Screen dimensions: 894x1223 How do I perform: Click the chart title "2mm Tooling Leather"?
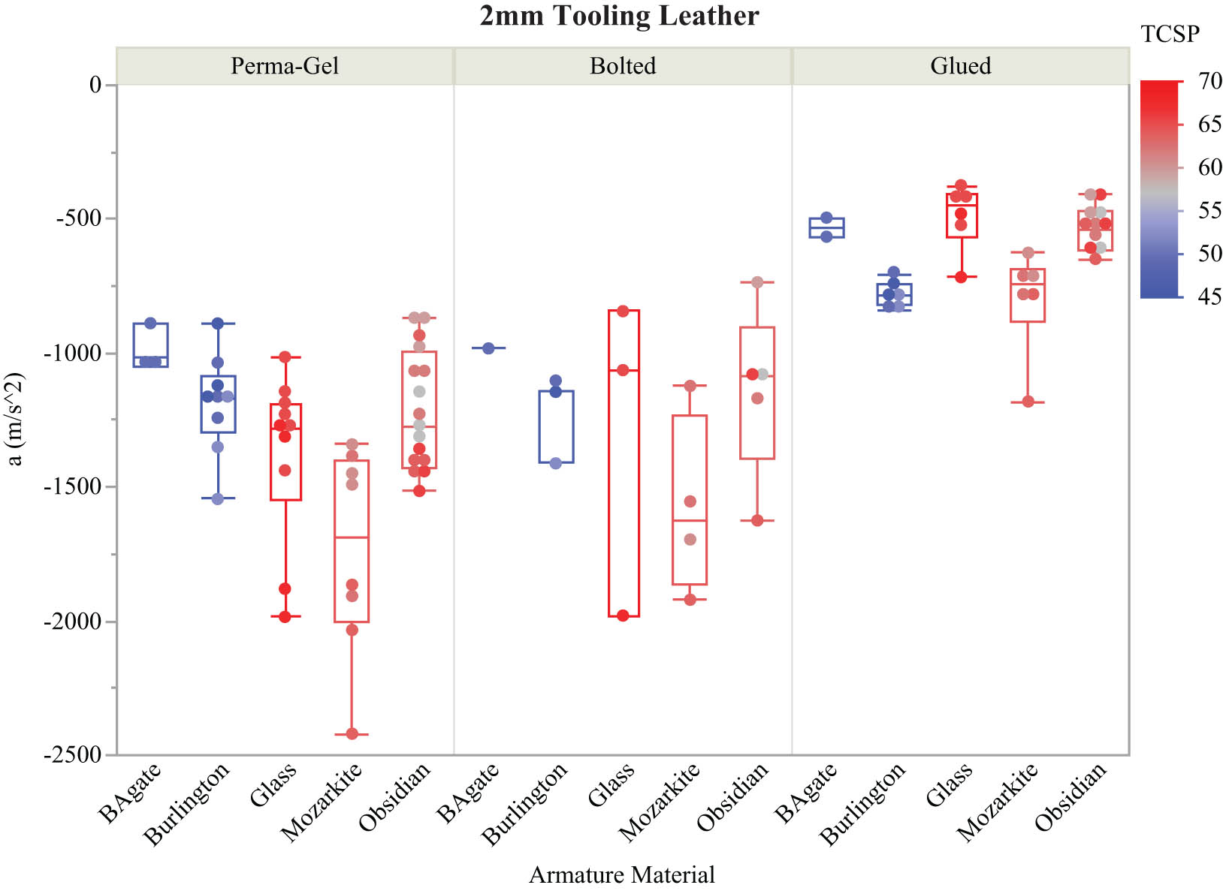tap(619, 16)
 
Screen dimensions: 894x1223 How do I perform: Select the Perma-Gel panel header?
tap(285, 66)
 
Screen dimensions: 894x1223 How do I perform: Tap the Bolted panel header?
tap(623, 66)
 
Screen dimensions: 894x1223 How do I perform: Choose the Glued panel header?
tap(960, 66)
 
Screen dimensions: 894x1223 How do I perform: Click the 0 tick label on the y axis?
tap(95, 85)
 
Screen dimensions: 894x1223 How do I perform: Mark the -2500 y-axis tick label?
tap(74, 755)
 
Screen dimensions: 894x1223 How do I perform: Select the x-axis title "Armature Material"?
tap(621, 875)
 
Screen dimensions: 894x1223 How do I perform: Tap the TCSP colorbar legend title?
tap(1170, 34)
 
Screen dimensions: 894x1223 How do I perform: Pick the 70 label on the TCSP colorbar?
tap(1209, 81)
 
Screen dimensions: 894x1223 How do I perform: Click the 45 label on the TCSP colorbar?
tap(1209, 297)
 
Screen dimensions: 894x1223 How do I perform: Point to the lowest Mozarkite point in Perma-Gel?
tap(352, 733)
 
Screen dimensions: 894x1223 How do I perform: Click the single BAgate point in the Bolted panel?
tap(488, 348)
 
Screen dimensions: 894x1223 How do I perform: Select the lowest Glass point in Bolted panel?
tap(623, 616)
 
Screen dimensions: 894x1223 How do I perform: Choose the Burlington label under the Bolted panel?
tap(524, 804)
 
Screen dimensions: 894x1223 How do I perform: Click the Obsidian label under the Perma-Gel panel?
tap(395, 797)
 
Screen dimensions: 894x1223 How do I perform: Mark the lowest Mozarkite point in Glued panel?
tap(1028, 402)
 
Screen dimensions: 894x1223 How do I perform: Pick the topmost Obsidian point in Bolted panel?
tap(757, 282)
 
